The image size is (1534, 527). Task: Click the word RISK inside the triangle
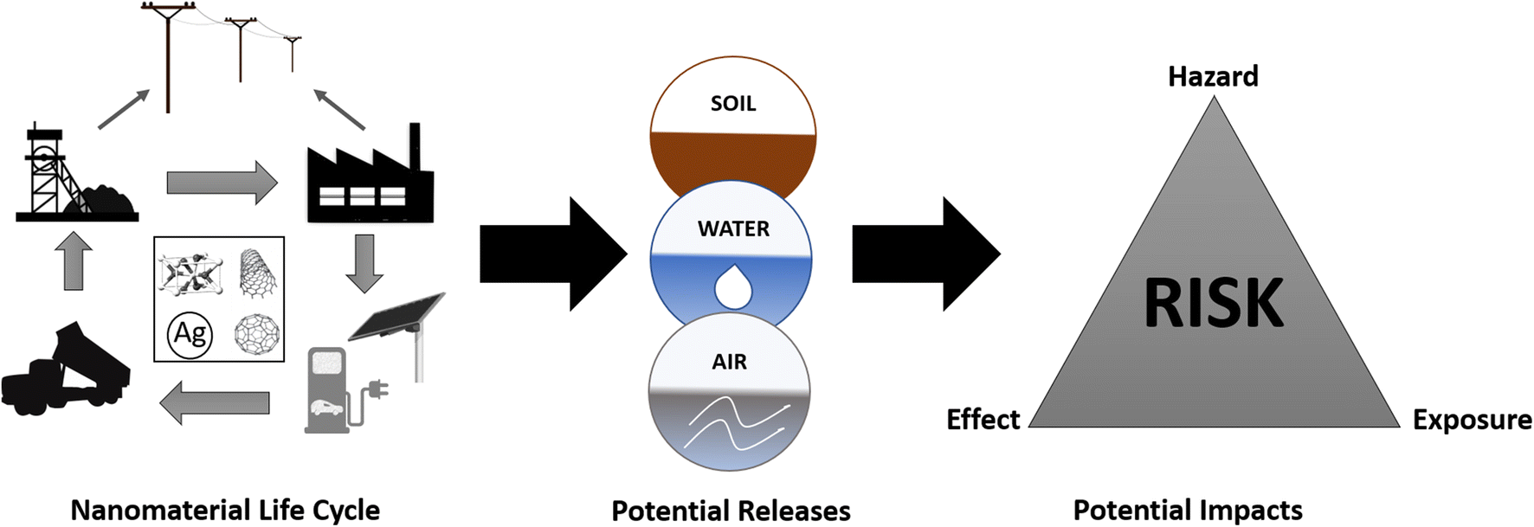pyautogui.click(x=1213, y=303)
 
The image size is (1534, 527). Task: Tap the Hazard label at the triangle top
pyautogui.click(x=1213, y=76)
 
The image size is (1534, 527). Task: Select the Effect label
pyautogui.click(x=983, y=420)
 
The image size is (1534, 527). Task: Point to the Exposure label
pyautogui.click(x=1472, y=420)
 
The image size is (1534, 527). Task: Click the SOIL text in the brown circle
pyautogui.click(x=733, y=104)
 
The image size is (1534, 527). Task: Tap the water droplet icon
pyautogui.click(x=732, y=286)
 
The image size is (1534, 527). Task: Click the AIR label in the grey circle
pyautogui.click(x=729, y=362)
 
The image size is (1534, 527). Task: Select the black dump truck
pyautogui.click(x=65, y=369)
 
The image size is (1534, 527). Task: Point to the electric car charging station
pyautogui.click(x=329, y=389)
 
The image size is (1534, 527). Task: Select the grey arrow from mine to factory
pyautogui.click(x=222, y=183)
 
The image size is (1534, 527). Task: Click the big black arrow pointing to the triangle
pyautogui.click(x=925, y=254)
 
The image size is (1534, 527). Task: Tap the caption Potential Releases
pyautogui.click(x=731, y=511)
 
